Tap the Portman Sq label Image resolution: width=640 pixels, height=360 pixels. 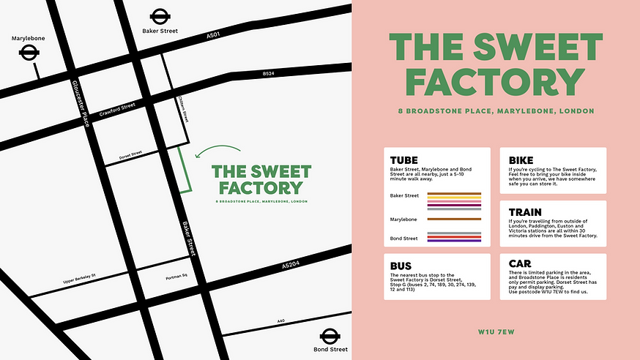pyautogui.click(x=178, y=277)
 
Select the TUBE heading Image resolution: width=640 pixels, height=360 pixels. pyautogui.click(x=405, y=160)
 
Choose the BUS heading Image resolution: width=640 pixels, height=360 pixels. pyautogui.click(x=402, y=266)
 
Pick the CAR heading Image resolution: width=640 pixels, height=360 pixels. pyautogui.click(x=521, y=265)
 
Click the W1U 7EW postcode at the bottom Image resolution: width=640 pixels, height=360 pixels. pyautogui.click(x=495, y=331)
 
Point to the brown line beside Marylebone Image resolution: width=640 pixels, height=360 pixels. pyautogui.click(x=453, y=219)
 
